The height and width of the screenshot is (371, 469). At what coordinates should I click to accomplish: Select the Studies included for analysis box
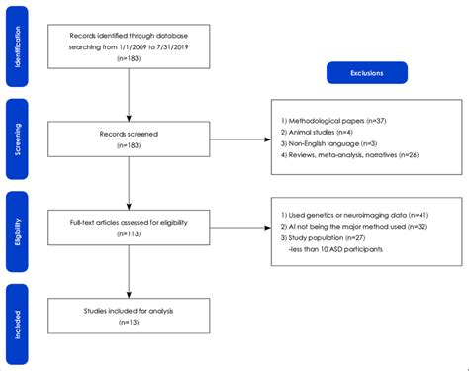(130, 317)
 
